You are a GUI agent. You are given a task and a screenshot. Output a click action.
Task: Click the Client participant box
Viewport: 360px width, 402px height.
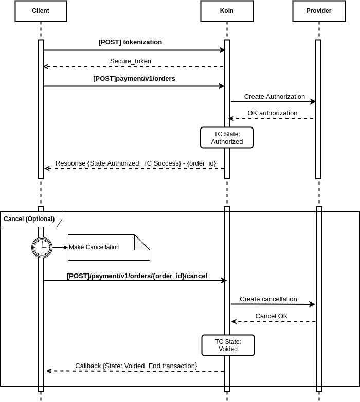click(41, 11)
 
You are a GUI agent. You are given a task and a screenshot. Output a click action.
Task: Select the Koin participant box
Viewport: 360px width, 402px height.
click(227, 11)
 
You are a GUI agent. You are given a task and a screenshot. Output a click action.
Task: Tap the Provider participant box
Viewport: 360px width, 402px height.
click(319, 11)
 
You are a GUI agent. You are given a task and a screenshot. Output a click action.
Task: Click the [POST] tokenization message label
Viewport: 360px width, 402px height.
click(130, 42)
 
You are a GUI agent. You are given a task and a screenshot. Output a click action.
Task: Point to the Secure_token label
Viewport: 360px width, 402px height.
click(131, 61)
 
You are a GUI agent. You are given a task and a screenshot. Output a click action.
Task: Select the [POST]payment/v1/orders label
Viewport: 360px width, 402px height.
click(134, 79)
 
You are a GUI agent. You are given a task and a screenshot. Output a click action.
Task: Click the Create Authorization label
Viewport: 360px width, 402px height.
click(274, 96)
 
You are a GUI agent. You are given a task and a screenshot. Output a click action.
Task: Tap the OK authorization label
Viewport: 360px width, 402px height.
click(272, 113)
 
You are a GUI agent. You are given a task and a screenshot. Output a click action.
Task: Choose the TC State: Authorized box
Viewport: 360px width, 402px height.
click(227, 138)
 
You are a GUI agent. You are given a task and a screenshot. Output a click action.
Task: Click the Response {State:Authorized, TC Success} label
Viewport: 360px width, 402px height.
click(136, 163)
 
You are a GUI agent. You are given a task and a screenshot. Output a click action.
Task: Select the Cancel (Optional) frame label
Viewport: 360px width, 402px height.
click(29, 219)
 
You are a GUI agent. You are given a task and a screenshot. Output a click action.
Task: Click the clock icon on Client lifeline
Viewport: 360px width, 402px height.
click(42, 247)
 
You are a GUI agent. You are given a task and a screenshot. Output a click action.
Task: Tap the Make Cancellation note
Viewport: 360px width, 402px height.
click(109, 247)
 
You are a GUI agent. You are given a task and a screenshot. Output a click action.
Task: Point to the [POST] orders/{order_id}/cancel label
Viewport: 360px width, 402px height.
click(137, 276)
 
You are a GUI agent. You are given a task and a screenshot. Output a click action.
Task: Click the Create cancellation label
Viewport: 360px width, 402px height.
click(268, 299)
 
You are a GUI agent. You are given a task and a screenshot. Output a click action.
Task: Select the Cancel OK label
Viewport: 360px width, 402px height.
click(271, 316)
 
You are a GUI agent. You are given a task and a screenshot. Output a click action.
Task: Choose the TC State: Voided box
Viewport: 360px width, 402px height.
click(228, 345)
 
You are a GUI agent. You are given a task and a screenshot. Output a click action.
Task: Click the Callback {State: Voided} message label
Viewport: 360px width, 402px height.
click(136, 366)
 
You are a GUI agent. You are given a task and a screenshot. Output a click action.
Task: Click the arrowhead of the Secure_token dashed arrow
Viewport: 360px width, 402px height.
click(46, 67)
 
